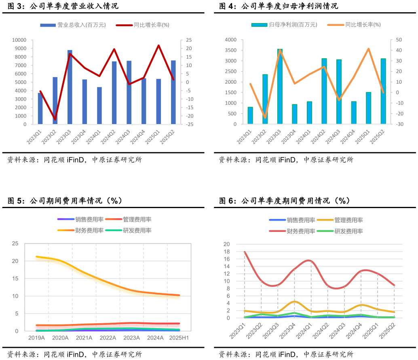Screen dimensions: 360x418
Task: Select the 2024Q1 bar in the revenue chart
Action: coord(99,105)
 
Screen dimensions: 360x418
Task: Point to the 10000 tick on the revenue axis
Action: coord(19,40)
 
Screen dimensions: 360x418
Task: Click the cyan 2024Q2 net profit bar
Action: coord(324,91)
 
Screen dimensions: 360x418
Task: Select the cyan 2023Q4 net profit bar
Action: coord(295,114)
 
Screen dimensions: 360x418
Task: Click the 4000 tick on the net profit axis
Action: coord(231,40)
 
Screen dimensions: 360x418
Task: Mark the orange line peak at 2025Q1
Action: coord(369,49)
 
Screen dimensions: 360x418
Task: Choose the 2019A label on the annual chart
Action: coord(36,338)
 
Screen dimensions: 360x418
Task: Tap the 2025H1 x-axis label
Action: coord(179,338)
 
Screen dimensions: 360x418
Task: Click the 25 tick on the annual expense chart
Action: coord(15,244)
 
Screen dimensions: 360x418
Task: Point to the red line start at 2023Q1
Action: coord(245,252)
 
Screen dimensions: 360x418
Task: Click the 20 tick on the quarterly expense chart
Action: coord(226,244)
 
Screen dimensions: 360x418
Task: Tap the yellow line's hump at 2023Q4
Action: coord(294,301)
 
